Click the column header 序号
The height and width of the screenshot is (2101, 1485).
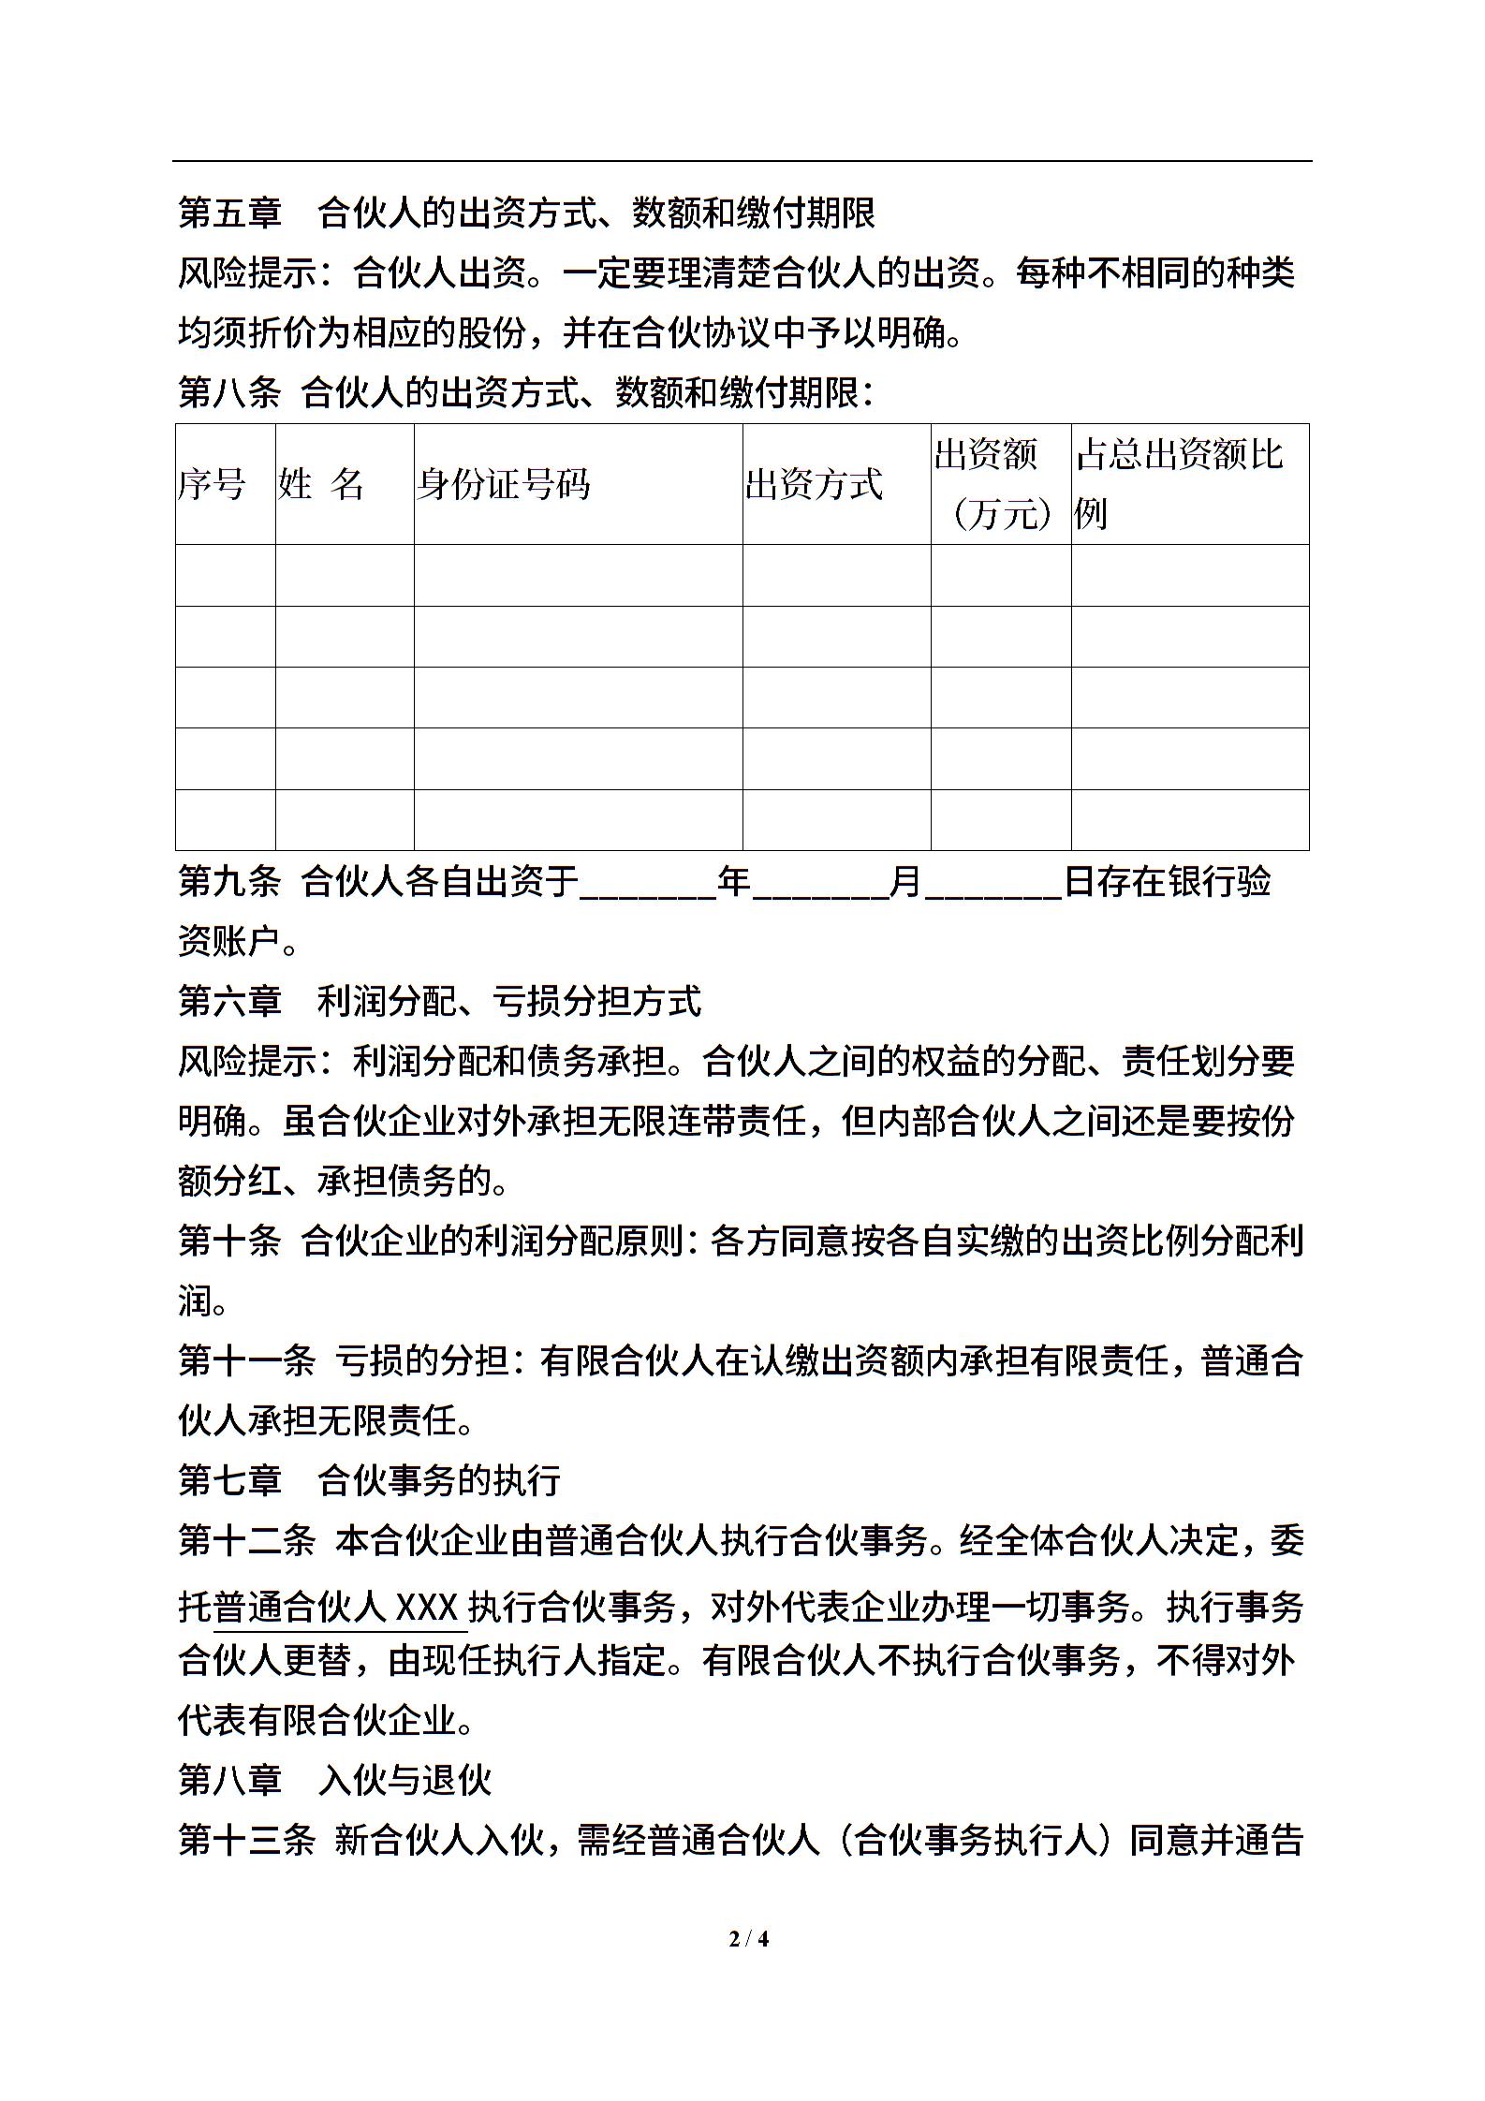point(212,485)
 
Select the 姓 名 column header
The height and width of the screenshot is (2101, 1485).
point(320,485)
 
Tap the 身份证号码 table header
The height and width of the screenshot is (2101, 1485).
point(503,485)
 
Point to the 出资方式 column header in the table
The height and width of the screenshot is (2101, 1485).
point(814,485)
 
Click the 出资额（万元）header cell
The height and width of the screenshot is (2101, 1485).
point(1000,484)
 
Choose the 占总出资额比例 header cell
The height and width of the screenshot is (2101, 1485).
point(1179,484)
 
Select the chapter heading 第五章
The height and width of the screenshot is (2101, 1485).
point(229,213)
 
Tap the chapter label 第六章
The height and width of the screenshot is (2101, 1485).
point(229,1002)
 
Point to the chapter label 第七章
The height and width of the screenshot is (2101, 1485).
point(229,1480)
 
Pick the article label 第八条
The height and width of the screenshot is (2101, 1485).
point(229,393)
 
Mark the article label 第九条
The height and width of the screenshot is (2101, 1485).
point(229,882)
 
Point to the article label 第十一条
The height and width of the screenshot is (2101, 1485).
point(246,1361)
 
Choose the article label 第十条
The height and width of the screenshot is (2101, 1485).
point(229,1241)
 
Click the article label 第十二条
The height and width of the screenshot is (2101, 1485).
point(246,1541)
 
